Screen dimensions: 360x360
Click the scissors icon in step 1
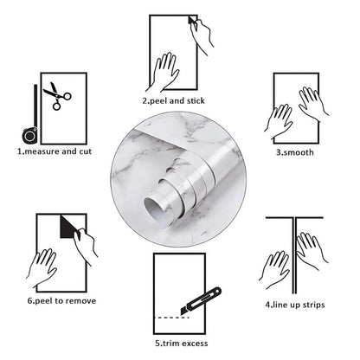[x=57, y=96]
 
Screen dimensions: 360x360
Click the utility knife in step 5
[x=204, y=298]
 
